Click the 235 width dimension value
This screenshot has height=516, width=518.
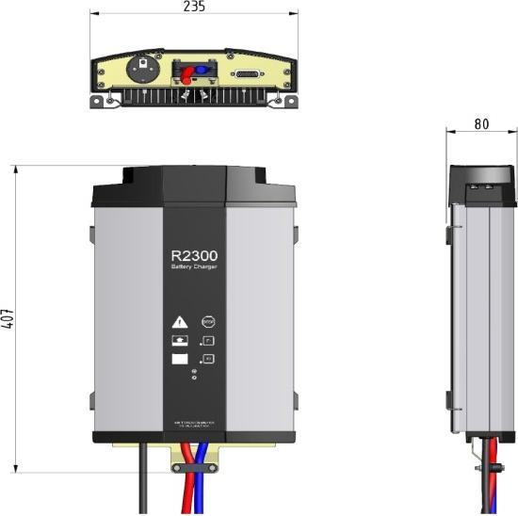(x=194, y=7)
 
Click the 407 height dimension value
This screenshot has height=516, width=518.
(x=7, y=318)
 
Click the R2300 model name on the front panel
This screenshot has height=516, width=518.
(x=194, y=255)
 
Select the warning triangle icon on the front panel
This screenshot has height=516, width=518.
(x=180, y=321)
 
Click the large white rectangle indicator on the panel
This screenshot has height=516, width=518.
(x=180, y=359)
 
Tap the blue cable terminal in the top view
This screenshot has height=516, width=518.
(x=202, y=70)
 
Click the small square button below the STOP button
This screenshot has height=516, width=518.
(x=209, y=339)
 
